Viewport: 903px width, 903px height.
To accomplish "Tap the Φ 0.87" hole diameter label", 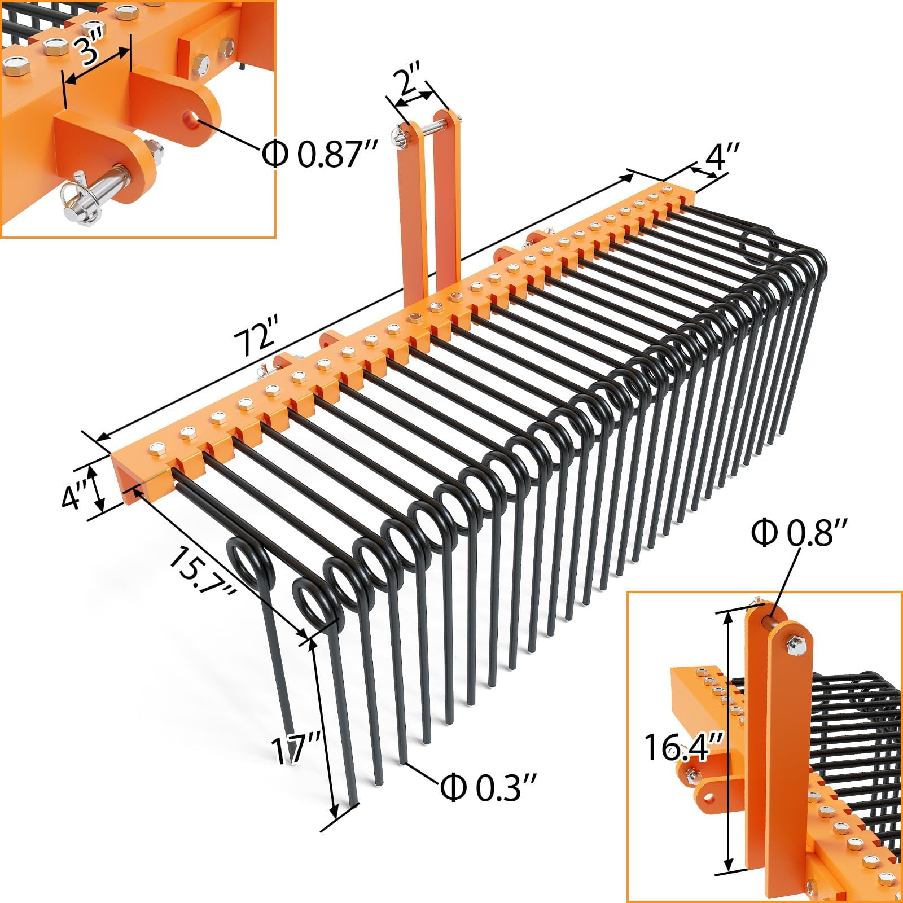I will (x=319, y=153).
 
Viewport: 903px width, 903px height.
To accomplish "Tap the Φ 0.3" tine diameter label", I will (x=488, y=787).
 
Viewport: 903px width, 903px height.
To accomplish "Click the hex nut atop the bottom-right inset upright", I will (x=795, y=644).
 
